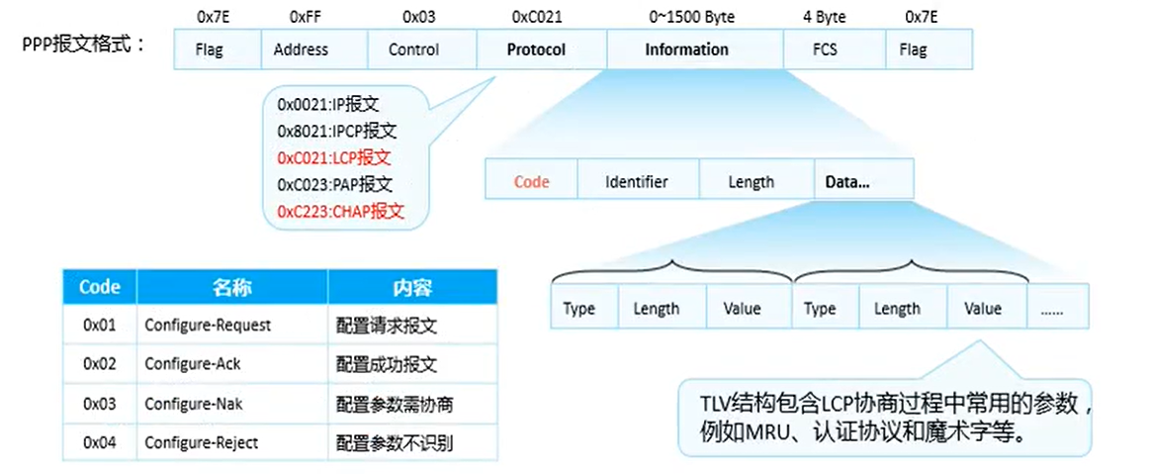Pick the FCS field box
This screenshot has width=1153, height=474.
(x=826, y=49)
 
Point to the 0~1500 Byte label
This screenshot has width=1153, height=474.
(x=691, y=17)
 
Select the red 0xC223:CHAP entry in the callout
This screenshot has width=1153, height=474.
(x=341, y=211)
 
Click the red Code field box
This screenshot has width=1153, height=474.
(x=531, y=182)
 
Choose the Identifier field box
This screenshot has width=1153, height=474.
(x=637, y=182)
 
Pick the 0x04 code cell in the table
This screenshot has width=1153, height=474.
(x=100, y=441)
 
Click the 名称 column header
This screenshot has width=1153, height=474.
(x=231, y=288)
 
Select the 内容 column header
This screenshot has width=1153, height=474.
(x=412, y=288)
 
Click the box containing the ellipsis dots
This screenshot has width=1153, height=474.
(x=1058, y=308)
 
